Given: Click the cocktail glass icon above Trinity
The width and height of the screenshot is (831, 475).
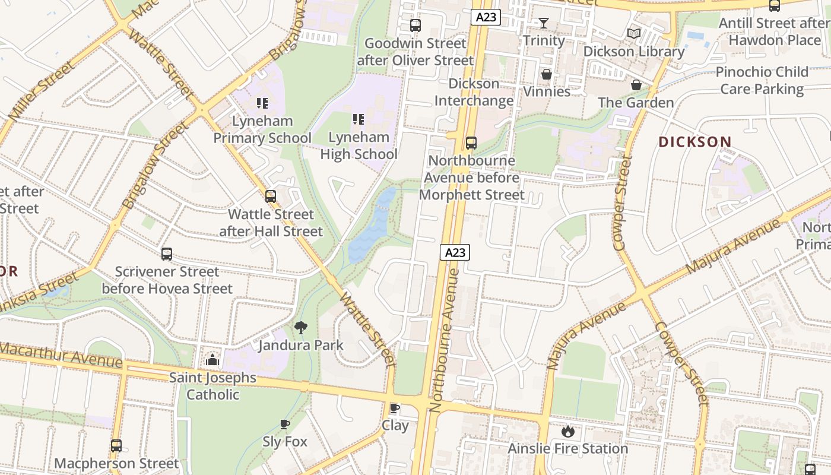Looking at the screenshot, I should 543,24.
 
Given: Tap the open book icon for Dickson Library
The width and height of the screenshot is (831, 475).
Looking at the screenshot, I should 634,34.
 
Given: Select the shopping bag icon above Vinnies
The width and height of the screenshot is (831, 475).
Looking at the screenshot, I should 546,75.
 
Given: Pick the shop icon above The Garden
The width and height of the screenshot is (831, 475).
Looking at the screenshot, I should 636,85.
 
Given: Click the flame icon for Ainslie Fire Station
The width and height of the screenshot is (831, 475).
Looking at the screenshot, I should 567,431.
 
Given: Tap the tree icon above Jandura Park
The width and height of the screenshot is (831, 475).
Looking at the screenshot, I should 301,327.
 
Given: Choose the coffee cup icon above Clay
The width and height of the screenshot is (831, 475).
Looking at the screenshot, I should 394,408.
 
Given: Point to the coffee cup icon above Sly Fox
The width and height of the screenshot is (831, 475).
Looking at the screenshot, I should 285,424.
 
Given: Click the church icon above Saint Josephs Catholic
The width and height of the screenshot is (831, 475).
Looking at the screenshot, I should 212,360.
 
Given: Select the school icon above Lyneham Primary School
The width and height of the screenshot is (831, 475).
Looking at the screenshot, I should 262,103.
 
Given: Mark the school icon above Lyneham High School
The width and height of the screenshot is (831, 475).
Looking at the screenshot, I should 358,119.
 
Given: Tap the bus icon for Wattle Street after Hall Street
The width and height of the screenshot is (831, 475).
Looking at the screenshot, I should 271,196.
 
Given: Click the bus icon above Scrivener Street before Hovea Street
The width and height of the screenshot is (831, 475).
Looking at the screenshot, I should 167,254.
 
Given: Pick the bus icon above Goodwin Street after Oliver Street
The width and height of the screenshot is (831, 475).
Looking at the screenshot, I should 415,26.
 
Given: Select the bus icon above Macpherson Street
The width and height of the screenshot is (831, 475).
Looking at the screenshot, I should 116,445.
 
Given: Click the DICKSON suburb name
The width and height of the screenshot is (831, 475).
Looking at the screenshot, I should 694,142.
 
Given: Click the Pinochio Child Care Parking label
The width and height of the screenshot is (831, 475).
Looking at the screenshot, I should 762,81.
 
